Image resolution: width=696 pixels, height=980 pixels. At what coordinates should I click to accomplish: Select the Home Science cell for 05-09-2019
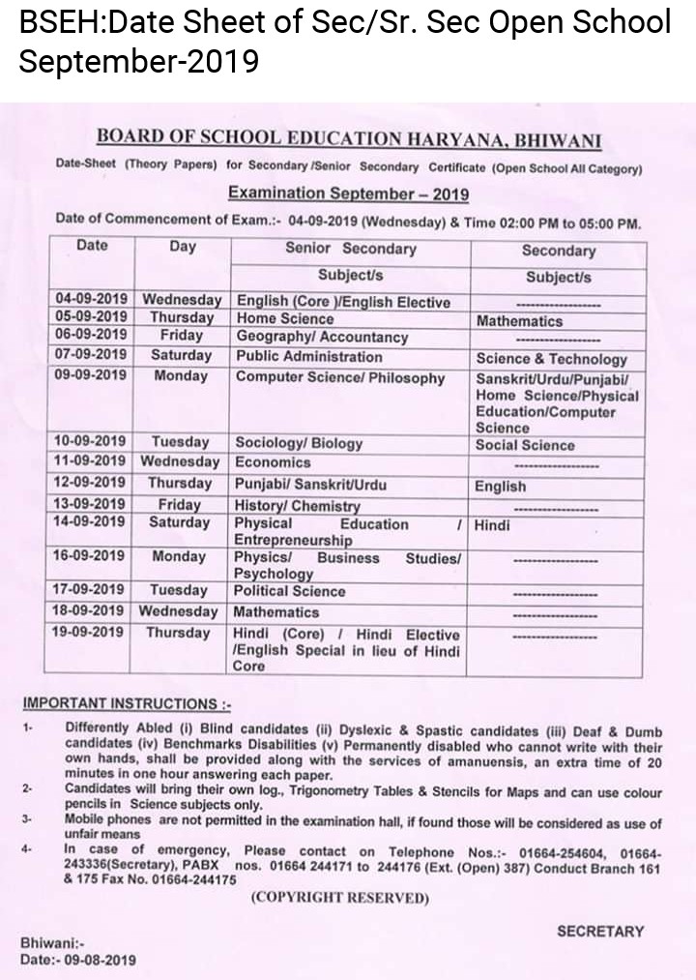[285, 318]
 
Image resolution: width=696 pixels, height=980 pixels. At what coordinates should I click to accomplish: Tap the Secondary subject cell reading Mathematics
[518, 320]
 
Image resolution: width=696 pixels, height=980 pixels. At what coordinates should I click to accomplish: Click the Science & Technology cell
[551, 358]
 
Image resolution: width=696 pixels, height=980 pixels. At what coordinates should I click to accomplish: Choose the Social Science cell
[524, 445]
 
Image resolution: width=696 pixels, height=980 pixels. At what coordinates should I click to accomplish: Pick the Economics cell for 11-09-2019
[273, 462]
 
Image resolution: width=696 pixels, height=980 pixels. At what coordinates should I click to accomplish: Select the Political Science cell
[290, 590]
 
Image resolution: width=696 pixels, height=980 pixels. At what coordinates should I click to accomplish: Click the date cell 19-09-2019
[91, 633]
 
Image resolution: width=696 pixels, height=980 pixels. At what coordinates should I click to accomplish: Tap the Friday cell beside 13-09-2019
[180, 503]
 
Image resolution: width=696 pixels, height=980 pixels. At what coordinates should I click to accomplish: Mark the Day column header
[183, 247]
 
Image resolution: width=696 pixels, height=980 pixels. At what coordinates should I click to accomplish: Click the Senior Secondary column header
[350, 249]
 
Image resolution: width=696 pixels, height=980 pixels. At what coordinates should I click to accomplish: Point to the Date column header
[92, 246]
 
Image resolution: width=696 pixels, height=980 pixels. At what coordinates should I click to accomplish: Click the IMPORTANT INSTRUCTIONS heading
[126, 703]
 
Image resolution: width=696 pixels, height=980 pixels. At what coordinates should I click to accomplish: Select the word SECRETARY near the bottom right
[599, 931]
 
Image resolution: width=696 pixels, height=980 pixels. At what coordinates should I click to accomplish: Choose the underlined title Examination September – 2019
[348, 193]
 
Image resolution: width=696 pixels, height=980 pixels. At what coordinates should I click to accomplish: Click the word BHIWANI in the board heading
[558, 141]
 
